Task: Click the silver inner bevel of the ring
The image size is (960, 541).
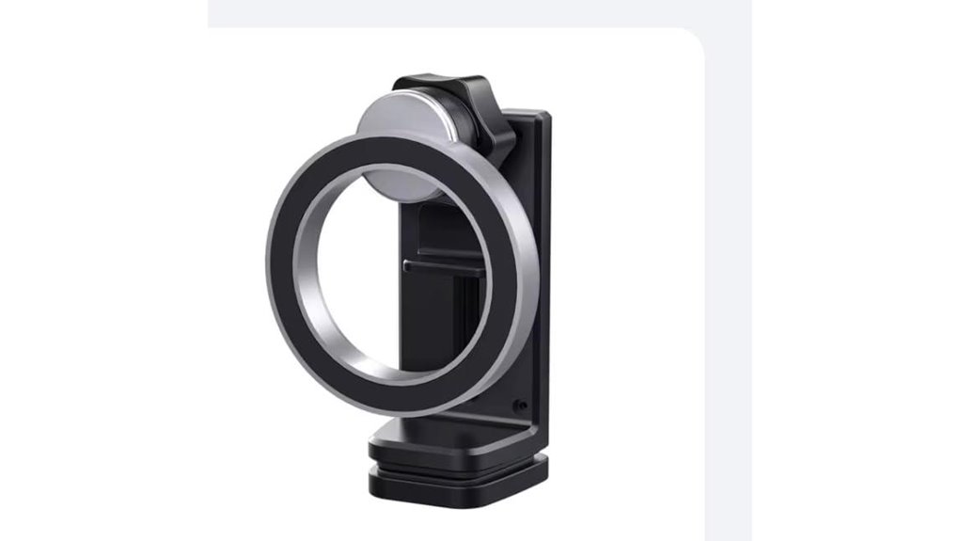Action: tap(320, 310)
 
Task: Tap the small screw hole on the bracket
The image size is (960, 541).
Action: tap(519, 406)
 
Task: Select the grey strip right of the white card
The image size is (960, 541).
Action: tap(728, 282)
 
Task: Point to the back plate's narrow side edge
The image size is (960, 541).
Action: tap(542, 282)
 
